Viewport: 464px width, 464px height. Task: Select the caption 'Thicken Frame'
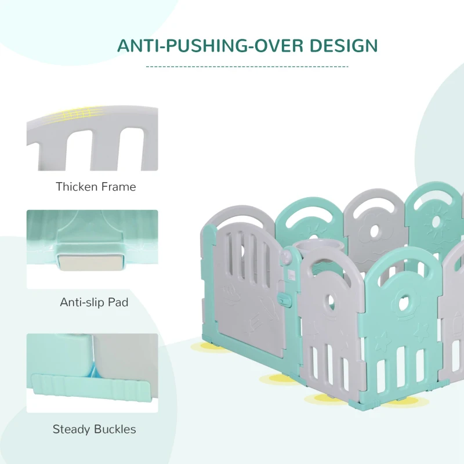click(96, 187)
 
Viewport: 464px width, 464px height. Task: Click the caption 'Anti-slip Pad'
click(94, 302)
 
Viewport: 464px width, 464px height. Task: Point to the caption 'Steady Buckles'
click(94, 430)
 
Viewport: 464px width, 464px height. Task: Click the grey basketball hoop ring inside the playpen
click(313, 248)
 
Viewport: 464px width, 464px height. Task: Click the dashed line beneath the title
click(247, 67)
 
